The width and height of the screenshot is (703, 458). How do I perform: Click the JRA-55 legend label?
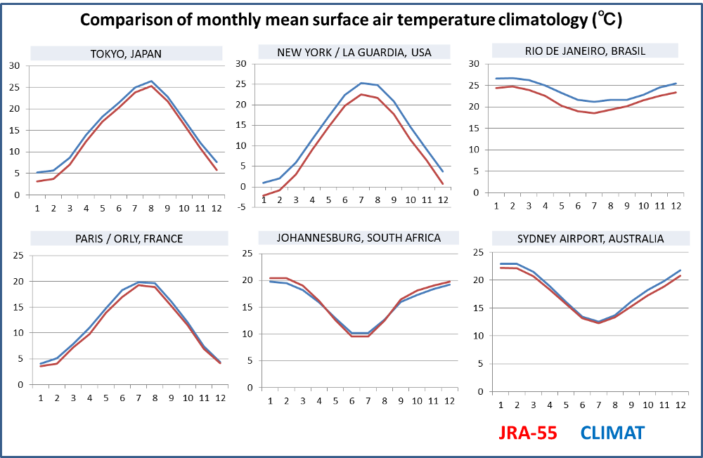coord(528,433)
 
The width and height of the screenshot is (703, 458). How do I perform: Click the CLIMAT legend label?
coord(612,433)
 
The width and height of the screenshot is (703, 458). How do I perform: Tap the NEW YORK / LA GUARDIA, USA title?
coord(354,53)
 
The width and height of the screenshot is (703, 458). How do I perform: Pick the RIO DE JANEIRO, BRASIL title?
coord(585,51)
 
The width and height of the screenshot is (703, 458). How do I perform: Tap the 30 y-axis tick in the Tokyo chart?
coord(14,66)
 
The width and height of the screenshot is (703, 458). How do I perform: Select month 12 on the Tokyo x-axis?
coord(217,209)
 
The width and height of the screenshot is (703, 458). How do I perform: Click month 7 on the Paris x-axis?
coord(138,398)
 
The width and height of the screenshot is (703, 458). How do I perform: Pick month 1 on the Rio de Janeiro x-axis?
coord(496,206)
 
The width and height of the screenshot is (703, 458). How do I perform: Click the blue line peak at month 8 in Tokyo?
coord(151,81)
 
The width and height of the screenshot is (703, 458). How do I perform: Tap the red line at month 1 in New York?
coord(263,196)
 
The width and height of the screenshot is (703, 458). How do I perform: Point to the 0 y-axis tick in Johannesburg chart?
coord(250,388)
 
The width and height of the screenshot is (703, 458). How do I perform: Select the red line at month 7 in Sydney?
coord(598,322)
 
